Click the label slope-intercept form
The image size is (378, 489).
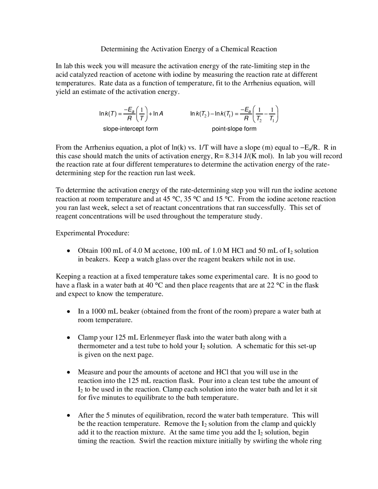[x=130, y=129]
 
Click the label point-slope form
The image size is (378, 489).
[x=234, y=129]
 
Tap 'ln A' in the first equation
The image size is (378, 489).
[x=158, y=113]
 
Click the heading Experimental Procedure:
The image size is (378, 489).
[x=92, y=233]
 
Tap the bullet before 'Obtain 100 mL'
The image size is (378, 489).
[x=68, y=251]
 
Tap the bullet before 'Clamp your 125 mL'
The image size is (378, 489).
[x=68, y=338]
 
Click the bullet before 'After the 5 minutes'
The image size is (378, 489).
[x=68, y=415]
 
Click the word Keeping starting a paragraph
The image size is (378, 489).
[x=68, y=276]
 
